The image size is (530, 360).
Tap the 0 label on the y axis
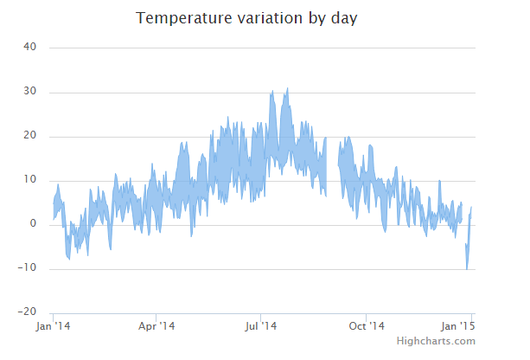tap(32, 224)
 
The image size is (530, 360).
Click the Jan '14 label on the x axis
tap(54, 326)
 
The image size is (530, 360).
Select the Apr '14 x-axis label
tap(156, 326)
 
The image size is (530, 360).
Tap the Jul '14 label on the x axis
tap(260, 326)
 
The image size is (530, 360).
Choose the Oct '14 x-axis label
tap(366, 326)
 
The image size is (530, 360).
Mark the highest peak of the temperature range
tap(287, 88)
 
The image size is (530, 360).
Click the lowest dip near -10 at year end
tap(467, 268)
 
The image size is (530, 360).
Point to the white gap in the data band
tap(332, 164)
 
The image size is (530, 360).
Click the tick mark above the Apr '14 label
tap(156, 316)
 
